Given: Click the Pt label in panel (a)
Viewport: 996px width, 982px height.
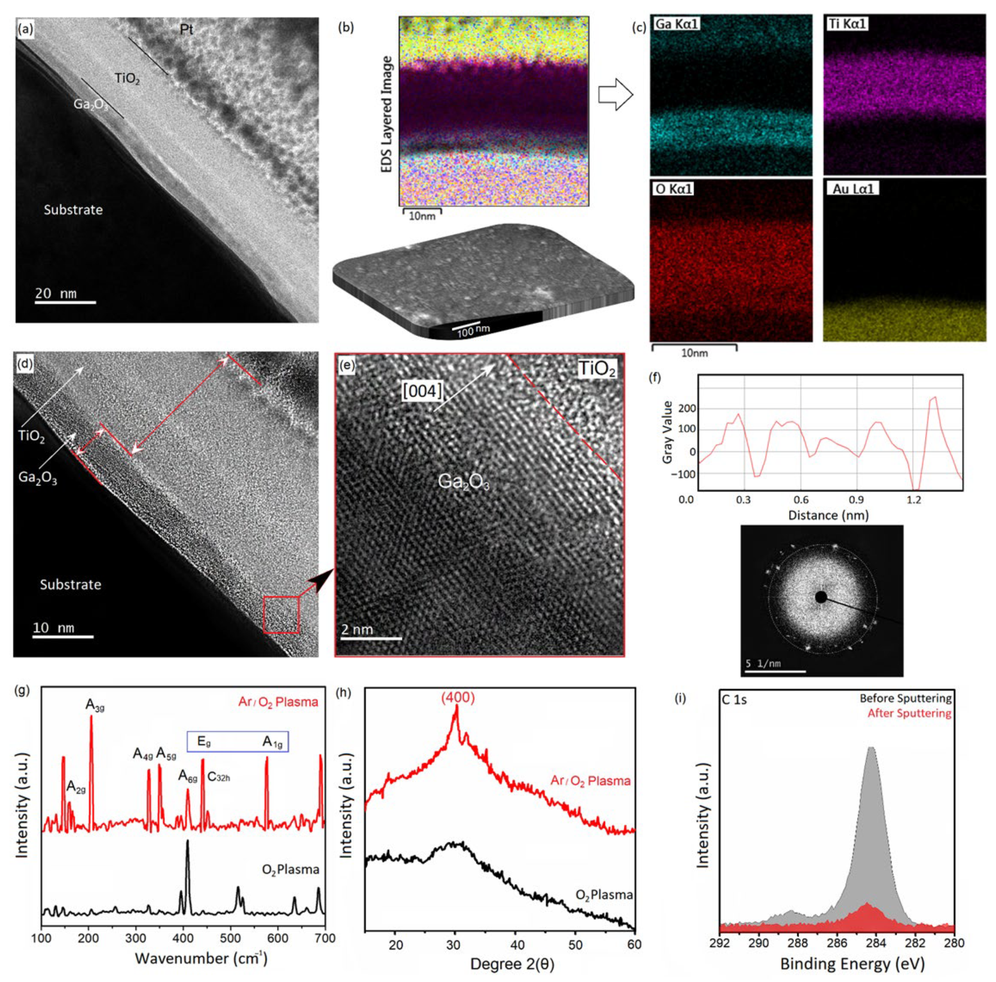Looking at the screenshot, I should [187, 30].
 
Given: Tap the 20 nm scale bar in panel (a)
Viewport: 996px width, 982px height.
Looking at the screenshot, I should [65, 301].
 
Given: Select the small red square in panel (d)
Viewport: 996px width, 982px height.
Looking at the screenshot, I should [281, 615].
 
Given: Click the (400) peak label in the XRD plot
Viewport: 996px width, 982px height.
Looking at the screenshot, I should [457, 698].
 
